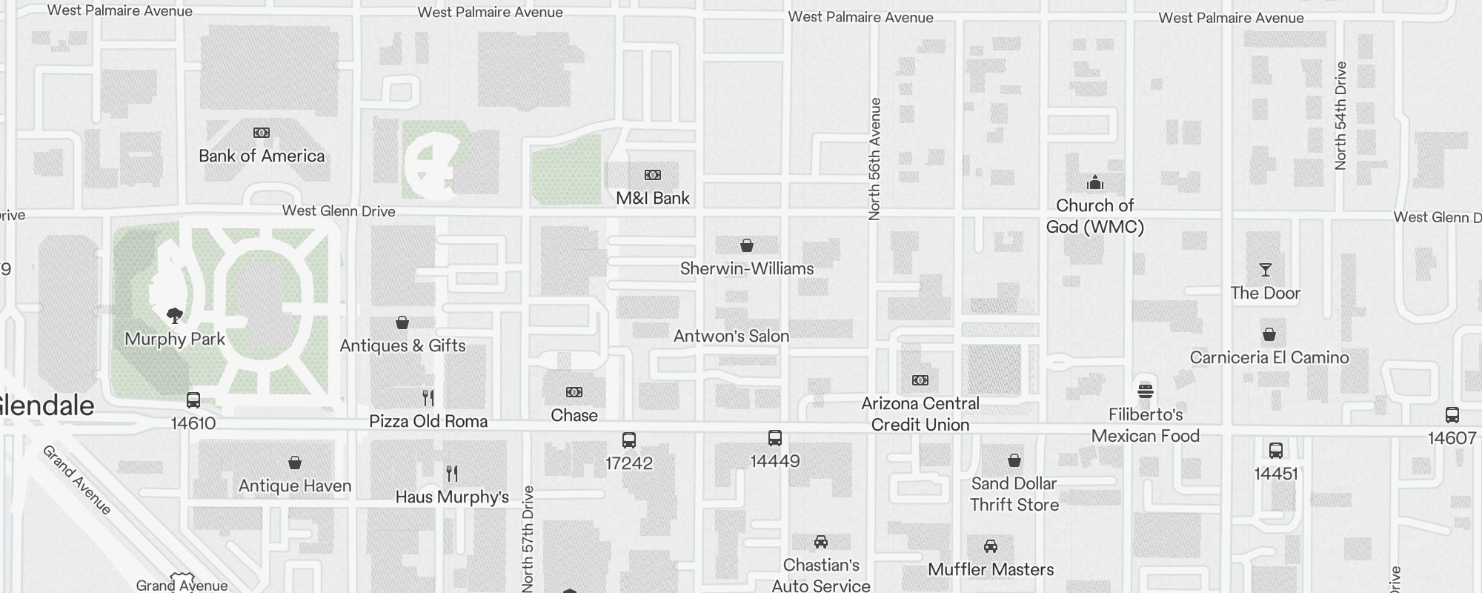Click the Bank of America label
[x=262, y=156]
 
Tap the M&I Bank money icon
[x=653, y=175]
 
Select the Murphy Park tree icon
[x=175, y=316]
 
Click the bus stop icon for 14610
[x=193, y=401]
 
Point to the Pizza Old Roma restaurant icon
[x=428, y=398]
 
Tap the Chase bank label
[x=574, y=416]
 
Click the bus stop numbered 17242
[x=629, y=441]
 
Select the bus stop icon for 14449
[x=775, y=438]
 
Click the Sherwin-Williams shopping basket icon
[x=747, y=245]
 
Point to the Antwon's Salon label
[x=731, y=337]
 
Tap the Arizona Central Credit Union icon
[x=920, y=380]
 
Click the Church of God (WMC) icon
[x=1095, y=182]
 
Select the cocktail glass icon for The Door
[x=1266, y=270]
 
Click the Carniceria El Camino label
[x=1269, y=358]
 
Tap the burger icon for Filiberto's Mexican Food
[x=1146, y=391]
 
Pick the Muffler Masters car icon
[x=991, y=546]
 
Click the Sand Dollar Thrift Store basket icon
[x=1014, y=460]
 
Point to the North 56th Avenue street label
[x=875, y=159]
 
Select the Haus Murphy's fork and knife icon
[x=452, y=473]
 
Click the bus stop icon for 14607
[x=1452, y=415]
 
